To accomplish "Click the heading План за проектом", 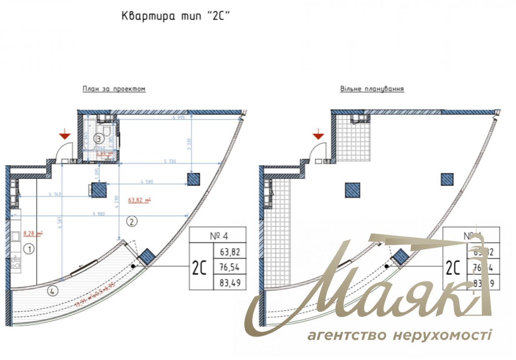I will (x=114, y=89).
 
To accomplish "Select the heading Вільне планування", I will (x=372, y=89).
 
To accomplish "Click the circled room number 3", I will (x=98, y=139).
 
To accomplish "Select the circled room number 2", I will (x=132, y=221).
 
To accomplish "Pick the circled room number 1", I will (x=29, y=249).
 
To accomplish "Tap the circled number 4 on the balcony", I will (x=53, y=291).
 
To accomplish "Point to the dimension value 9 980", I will (x=99, y=214).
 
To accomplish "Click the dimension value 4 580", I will (x=147, y=182).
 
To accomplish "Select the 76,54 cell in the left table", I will (x=230, y=268).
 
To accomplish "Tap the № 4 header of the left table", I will (x=217, y=235).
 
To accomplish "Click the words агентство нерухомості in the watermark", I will (x=399, y=335).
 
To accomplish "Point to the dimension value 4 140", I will (x=55, y=194).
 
